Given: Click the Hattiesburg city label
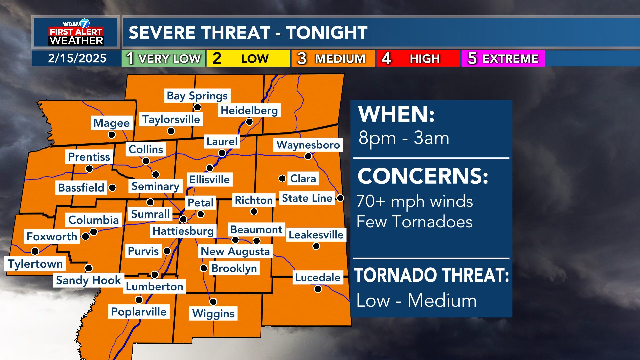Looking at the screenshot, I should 183,231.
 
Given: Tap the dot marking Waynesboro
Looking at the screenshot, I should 308,156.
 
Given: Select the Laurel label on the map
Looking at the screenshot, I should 222,142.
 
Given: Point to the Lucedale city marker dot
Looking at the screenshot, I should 318,289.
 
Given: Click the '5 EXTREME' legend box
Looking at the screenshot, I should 503,58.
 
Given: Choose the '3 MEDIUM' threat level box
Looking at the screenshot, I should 333,58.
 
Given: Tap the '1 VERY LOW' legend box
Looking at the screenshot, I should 163,58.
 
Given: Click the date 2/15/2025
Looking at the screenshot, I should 77,58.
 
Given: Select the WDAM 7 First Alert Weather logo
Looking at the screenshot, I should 76,32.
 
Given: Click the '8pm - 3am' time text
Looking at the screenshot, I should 404,138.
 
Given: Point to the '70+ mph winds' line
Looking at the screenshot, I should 415,201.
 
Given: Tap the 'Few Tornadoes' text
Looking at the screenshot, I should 414,222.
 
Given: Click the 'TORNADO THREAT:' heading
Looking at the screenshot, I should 432,275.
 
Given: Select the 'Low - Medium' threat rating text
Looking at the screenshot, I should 416,300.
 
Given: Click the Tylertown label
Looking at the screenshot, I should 35,264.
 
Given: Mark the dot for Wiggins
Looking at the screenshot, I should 213,302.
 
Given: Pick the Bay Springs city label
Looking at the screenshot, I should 197,96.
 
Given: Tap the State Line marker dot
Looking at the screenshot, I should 340,198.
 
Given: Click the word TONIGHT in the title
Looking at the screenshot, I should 327,33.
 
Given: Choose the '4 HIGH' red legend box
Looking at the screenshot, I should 418,58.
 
